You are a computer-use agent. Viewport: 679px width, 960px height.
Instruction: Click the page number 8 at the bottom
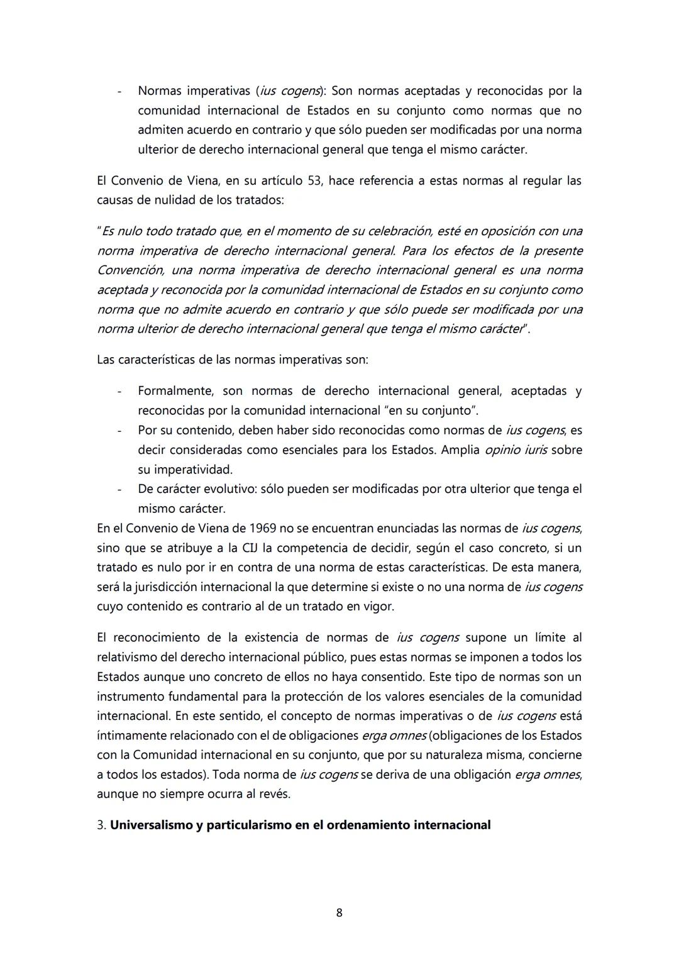tap(339, 912)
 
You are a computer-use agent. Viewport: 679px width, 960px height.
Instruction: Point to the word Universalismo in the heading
tap(151, 825)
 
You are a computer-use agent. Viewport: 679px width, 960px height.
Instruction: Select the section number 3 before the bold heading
tap(101, 825)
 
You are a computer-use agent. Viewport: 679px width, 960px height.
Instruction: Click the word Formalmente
tap(175, 391)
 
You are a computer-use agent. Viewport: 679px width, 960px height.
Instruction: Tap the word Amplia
tap(460, 450)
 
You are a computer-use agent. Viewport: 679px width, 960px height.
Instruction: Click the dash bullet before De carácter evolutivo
tap(119, 489)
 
